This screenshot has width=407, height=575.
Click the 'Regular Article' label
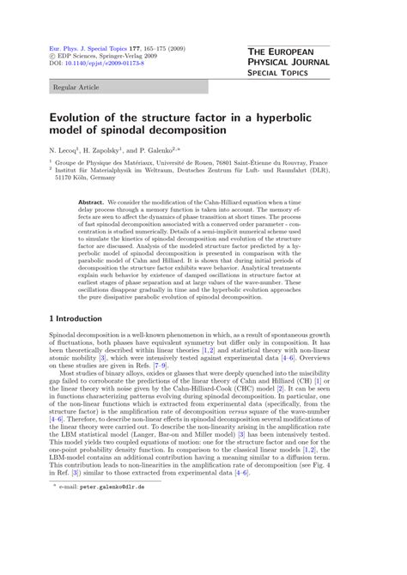click(76, 87)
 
